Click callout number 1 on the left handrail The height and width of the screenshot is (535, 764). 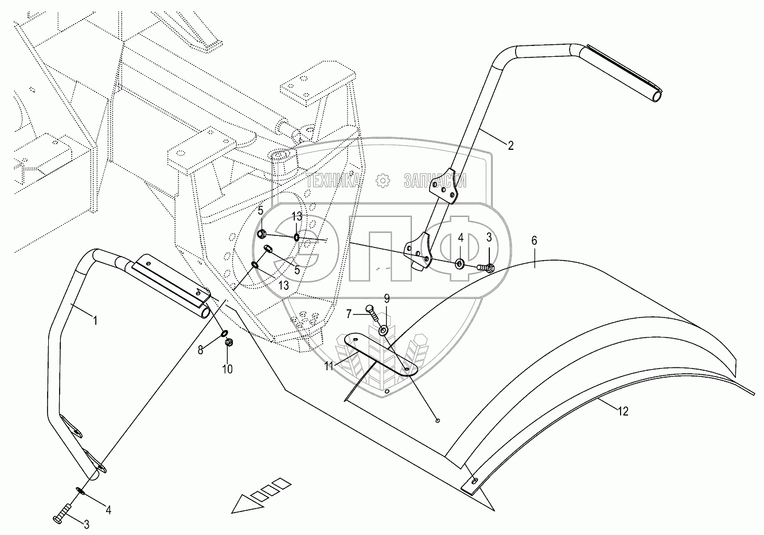click(x=95, y=321)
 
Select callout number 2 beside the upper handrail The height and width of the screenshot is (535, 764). click(x=510, y=145)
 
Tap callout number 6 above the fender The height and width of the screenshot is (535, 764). click(x=534, y=241)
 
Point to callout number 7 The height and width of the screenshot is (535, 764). click(x=348, y=313)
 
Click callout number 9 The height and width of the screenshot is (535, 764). click(x=387, y=298)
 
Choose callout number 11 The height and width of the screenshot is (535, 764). click(x=329, y=366)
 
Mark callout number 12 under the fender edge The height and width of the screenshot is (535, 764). click(x=623, y=411)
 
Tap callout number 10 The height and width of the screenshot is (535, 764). click(x=228, y=369)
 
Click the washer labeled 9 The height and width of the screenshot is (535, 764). click(x=383, y=331)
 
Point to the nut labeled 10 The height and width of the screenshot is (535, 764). click(x=228, y=343)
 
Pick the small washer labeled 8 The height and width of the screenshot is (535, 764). click(x=224, y=333)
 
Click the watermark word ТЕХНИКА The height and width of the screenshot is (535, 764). click(x=334, y=181)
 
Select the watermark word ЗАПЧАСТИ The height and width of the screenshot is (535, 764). click(x=434, y=181)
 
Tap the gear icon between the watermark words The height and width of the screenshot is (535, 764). click(x=382, y=181)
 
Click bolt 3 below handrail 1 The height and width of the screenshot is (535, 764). click(x=61, y=513)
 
